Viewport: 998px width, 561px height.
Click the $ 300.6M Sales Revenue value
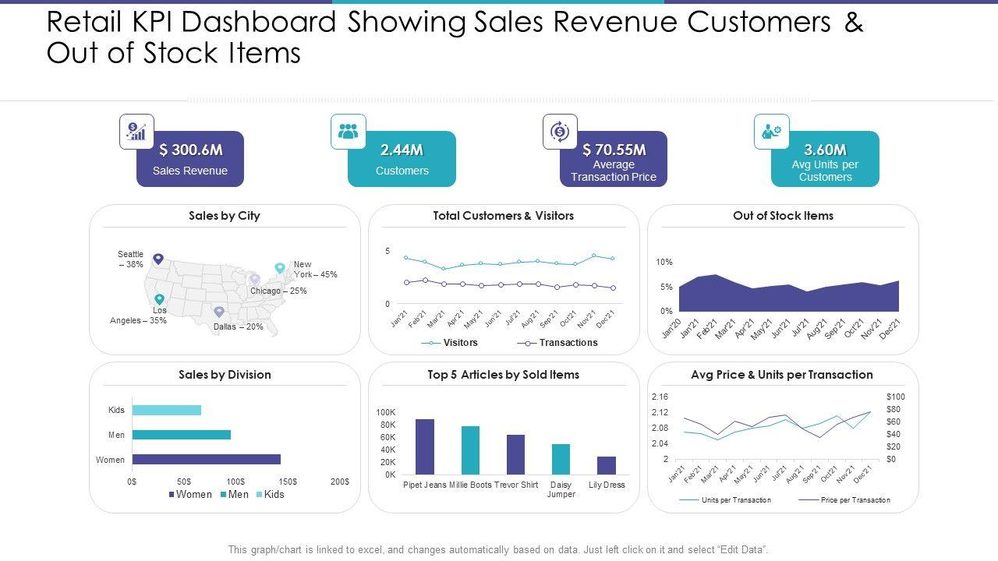pyautogui.click(x=190, y=150)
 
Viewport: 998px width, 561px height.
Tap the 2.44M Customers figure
pyautogui.click(x=402, y=150)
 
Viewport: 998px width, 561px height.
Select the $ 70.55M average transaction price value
pyautogui.click(x=614, y=150)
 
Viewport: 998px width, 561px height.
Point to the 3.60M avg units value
pyautogui.click(x=825, y=150)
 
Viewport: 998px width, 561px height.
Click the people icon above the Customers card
pyautogui.click(x=348, y=131)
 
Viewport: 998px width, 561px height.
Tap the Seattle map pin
pyautogui.click(x=158, y=259)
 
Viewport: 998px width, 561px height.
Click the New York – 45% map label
pyautogui.click(x=315, y=270)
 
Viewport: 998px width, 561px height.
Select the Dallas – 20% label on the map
pyautogui.click(x=238, y=327)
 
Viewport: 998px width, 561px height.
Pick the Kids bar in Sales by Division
pyautogui.click(x=166, y=410)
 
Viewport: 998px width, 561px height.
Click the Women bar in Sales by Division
pyautogui.click(x=206, y=460)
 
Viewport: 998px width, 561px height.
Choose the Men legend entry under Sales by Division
pyautogui.click(x=235, y=494)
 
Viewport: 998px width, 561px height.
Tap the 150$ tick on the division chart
pyautogui.click(x=288, y=482)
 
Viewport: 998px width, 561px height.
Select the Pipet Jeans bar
pyautogui.click(x=424, y=446)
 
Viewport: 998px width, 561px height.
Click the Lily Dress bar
pyautogui.click(x=607, y=465)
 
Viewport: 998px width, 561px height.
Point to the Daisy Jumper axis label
pyautogui.click(x=561, y=489)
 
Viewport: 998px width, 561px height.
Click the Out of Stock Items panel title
pyautogui.click(x=783, y=216)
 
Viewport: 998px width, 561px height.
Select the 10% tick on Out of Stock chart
pyautogui.click(x=664, y=263)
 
